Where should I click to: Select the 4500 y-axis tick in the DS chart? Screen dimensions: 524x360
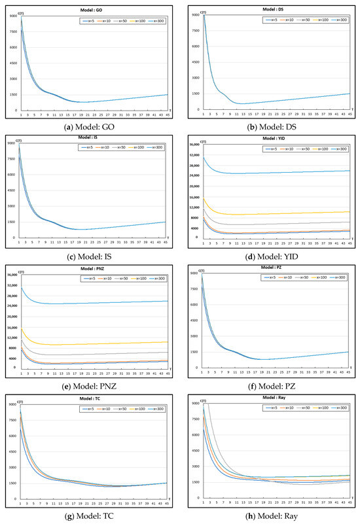click(194, 61)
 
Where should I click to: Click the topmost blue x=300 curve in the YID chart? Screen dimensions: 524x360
click(275, 173)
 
